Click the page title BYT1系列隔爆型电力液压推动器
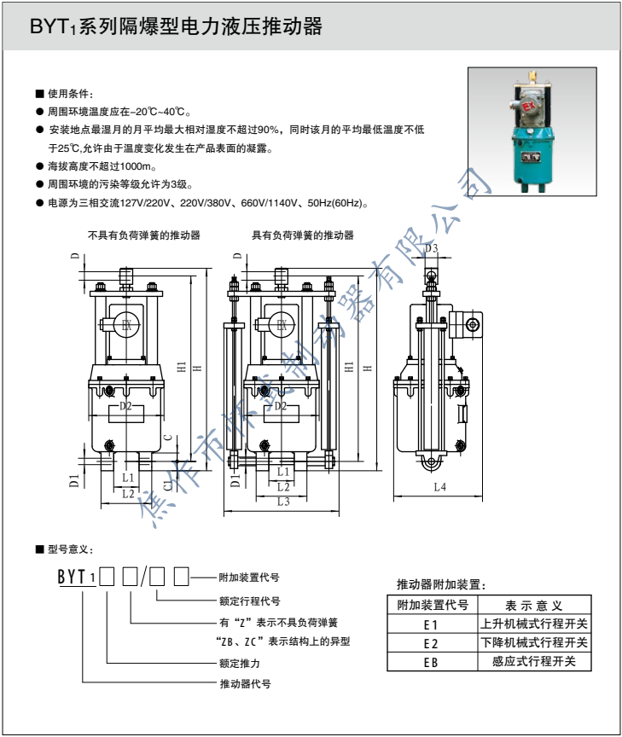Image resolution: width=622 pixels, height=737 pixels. (x=176, y=27)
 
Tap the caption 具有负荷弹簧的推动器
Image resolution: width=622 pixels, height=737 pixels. (x=302, y=235)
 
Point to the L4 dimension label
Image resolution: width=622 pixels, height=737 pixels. (x=439, y=487)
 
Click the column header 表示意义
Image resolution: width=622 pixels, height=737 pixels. (x=533, y=606)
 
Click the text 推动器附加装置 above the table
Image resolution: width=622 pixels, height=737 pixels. (x=441, y=584)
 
